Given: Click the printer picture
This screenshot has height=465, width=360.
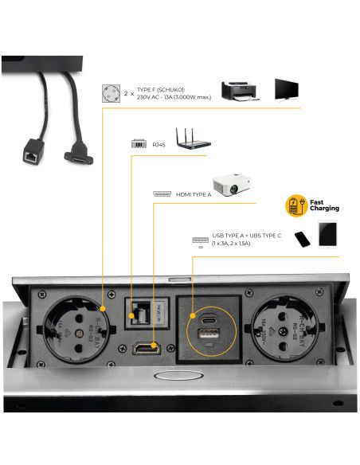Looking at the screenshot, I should click(x=240, y=89).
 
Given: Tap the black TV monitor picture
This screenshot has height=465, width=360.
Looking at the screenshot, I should click(x=288, y=89).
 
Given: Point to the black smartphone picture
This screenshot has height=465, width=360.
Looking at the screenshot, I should click(x=303, y=239).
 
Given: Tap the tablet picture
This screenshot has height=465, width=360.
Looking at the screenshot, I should click(x=329, y=234).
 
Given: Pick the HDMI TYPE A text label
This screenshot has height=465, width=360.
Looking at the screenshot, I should click(x=194, y=194).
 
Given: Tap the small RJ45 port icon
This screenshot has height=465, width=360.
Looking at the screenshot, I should click(x=137, y=144).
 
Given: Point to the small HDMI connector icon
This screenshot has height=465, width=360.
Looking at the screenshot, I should click(x=162, y=194).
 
